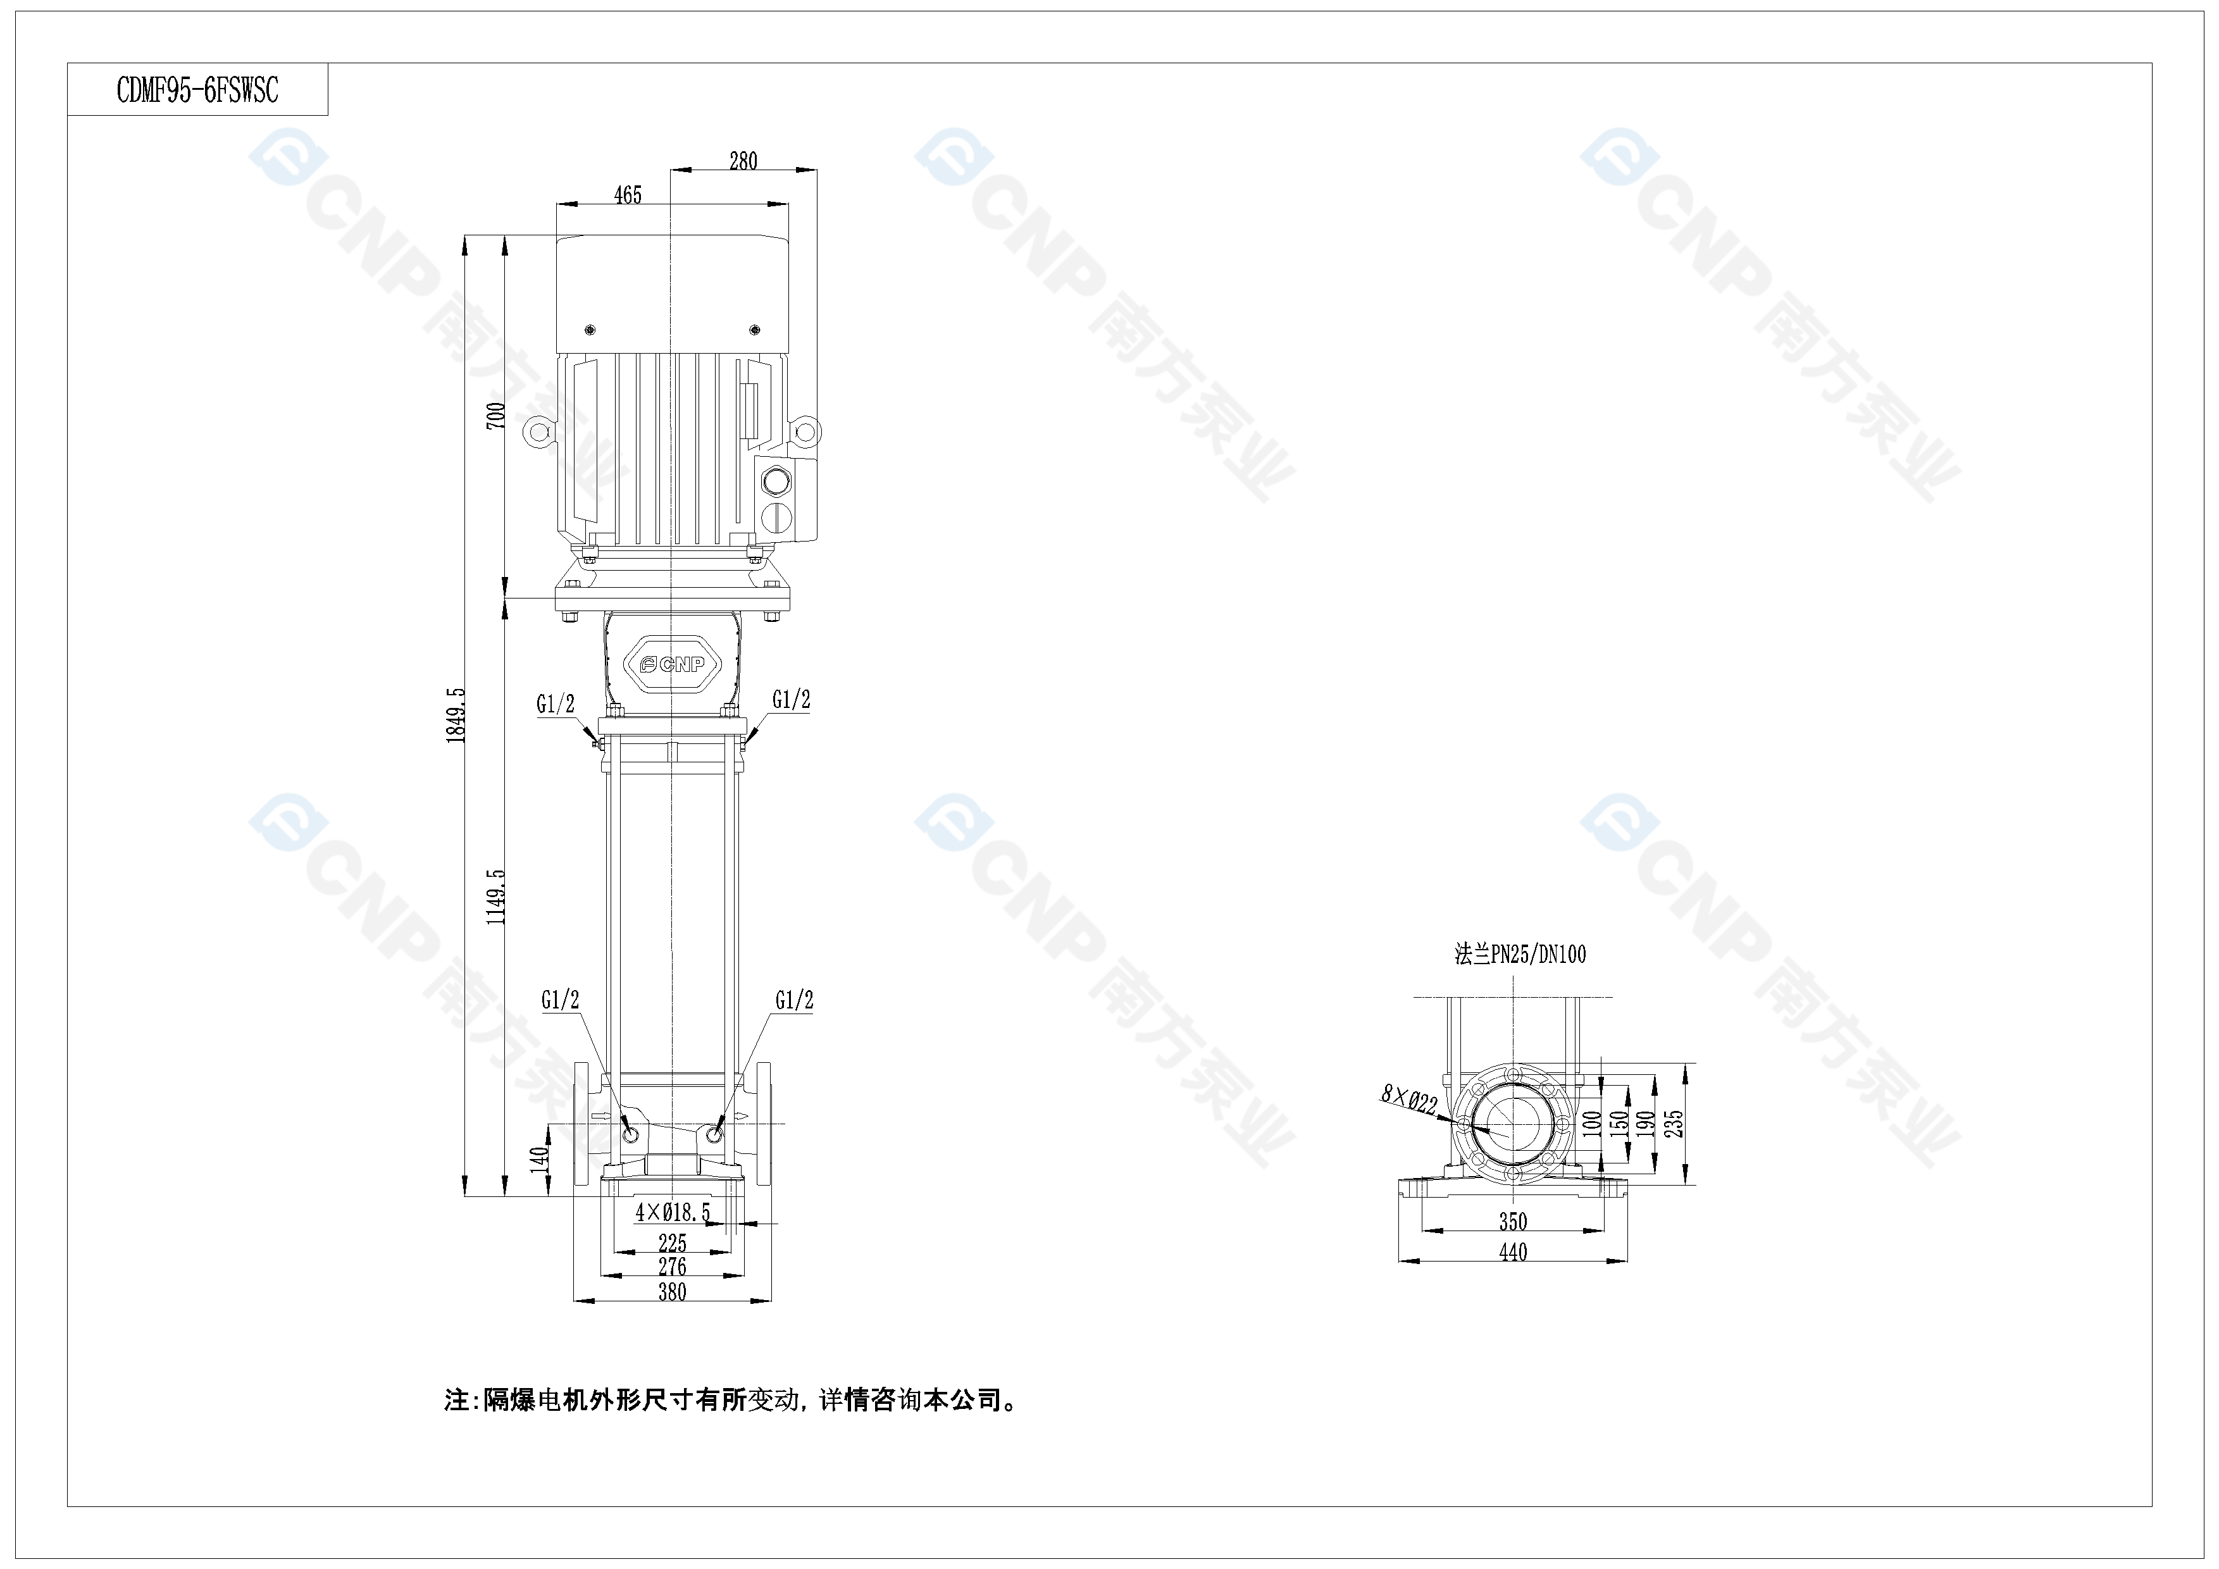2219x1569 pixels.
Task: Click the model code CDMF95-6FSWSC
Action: tap(197, 90)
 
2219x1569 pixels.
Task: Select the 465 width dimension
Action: tap(627, 195)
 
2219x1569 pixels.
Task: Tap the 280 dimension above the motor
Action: tap(743, 161)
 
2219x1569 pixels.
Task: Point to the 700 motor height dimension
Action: tap(495, 416)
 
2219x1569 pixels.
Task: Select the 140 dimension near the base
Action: tap(540, 1158)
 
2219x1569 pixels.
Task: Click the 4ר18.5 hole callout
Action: tap(673, 1212)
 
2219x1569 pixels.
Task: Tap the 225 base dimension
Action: tap(672, 1243)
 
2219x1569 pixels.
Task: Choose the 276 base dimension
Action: tap(672, 1265)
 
